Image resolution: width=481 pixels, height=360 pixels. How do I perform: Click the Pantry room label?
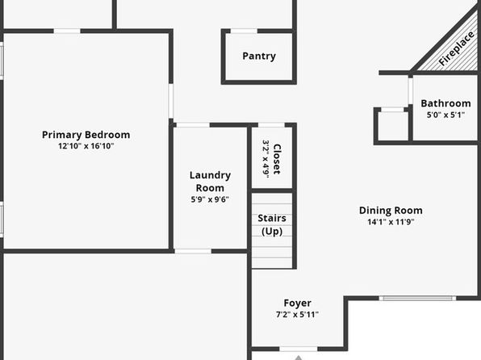pos(259,57)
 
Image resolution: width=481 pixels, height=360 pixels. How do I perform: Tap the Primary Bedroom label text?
pos(86,135)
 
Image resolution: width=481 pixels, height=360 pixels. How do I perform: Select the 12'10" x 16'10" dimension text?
pos(86,146)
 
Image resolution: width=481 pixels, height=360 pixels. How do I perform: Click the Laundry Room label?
pos(210,182)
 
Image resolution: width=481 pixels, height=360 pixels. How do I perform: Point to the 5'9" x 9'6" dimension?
pos(210,199)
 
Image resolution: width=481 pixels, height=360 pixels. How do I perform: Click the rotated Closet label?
pos(277,159)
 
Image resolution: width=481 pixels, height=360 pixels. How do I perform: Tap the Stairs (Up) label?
pos(272,224)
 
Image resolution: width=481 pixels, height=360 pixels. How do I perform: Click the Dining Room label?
pos(391,210)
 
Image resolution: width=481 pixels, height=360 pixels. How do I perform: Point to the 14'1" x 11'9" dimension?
pos(391,222)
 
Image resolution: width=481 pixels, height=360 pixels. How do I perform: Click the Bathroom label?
pos(445,103)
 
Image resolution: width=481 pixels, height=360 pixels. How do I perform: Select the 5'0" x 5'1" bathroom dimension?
pos(445,115)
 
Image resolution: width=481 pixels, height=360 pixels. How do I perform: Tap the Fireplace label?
pos(456,48)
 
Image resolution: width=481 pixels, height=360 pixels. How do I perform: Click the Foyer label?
pos(297,303)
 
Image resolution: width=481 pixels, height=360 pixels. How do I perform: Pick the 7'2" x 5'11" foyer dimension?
pos(297,315)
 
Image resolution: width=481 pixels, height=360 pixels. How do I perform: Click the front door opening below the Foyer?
pos(298,349)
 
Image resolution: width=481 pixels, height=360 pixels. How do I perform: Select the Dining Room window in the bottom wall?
pos(417,298)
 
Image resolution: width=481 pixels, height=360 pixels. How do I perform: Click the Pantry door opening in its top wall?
pos(244,31)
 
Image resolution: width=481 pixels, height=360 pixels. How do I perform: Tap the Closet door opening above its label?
pos(271,125)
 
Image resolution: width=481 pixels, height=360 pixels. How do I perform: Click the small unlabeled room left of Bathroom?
pos(393,127)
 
